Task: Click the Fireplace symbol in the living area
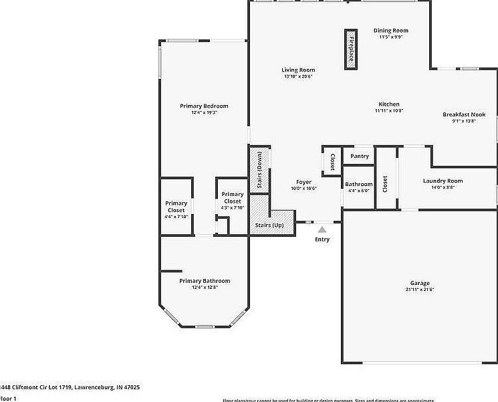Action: click(x=350, y=48)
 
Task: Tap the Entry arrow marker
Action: click(x=322, y=229)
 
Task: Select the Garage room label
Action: click(x=420, y=283)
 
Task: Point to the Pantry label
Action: click(x=360, y=156)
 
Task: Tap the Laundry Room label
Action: click(x=443, y=181)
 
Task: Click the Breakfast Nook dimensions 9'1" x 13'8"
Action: click(x=464, y=121)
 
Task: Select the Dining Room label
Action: click(x=390, y=30)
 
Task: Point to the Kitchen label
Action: click(x=389, y=104)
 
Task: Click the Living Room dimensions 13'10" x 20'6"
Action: click(x=298, y=76)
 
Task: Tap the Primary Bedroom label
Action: click(x=204, y=106)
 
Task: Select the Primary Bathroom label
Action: click(x=205, y=281)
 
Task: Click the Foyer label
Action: click(x=303, y=181)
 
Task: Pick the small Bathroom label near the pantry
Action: click(x=358, y=184)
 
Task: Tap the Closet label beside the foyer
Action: click(x=332, y=162)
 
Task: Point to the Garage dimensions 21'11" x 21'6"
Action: click(x=420, y=290)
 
